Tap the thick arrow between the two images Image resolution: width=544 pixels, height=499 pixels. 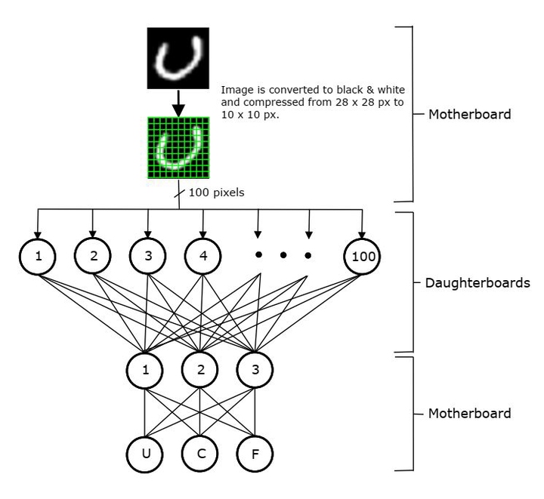click(177, 103)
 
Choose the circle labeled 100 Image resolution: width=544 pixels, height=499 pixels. click(362, 257)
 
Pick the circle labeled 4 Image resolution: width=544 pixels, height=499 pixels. click(203, 256)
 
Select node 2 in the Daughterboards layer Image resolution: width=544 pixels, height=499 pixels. click(94, 256)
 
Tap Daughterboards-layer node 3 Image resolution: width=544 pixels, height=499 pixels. click(148, 256)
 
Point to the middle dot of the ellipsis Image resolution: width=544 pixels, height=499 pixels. click(283, 256)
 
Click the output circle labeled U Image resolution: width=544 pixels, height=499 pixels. click(146, 455)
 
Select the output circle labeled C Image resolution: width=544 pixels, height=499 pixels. click(200, 455)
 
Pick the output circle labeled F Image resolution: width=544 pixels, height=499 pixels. click(255, 455)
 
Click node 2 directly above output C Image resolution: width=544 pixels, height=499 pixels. click(200, 371)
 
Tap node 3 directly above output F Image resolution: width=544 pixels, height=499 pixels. click(255, 371)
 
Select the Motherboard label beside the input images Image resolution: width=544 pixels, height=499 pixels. click(468, 116)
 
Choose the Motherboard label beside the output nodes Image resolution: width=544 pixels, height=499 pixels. click(468, 413)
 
